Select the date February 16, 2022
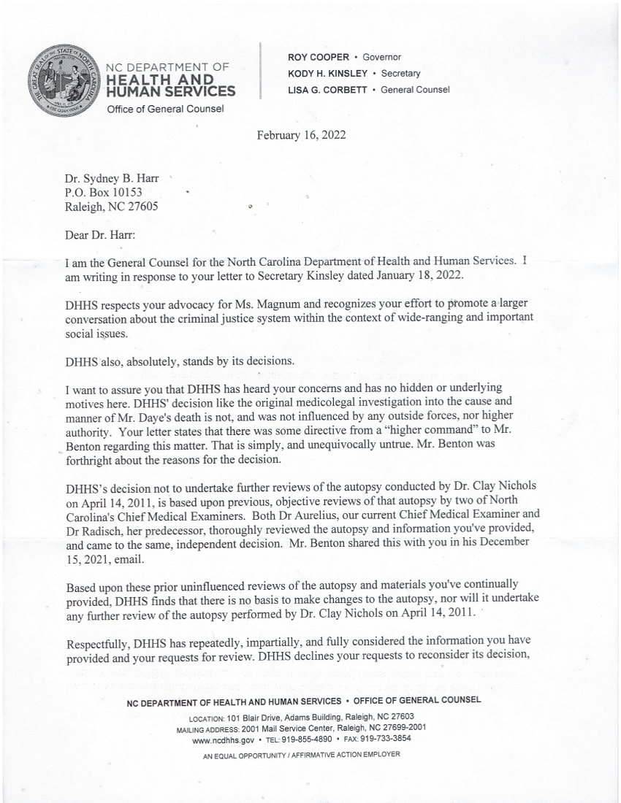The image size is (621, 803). tap(300, 135)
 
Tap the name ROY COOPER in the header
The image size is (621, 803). tap(318, 57)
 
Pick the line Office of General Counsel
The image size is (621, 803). tap(164, 109)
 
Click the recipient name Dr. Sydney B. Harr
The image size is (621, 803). tap(107, 177)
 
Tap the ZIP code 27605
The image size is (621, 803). tap(140, 206)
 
